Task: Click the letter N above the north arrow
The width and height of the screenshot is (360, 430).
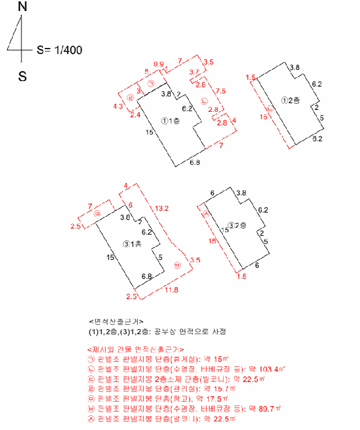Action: [23, 7]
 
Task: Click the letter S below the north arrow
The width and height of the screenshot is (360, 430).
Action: [22, 77]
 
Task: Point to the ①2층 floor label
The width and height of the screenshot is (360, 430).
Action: [290, 100]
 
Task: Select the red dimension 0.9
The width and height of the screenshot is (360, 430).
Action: [158, 64]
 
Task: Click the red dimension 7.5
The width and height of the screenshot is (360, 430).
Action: [220, 90]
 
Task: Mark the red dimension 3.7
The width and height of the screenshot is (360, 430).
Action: [194, 73]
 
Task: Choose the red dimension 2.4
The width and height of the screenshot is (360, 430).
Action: [135, 114]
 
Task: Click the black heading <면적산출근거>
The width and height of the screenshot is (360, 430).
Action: [117, 321]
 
